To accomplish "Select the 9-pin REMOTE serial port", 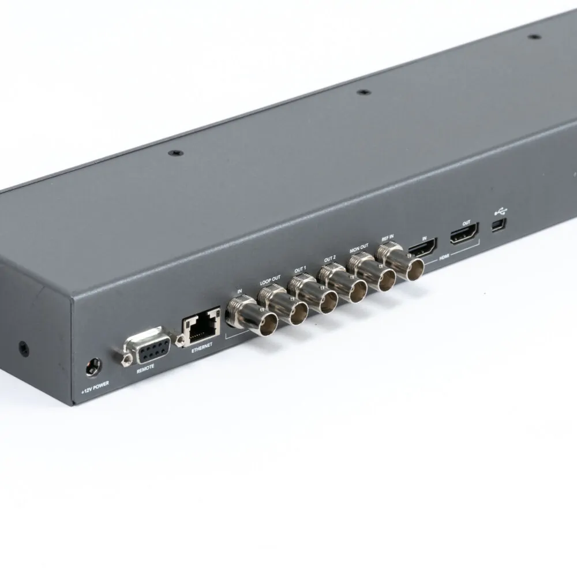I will pos(147,346).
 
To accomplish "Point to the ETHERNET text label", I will pos(201,344).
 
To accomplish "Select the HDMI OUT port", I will pos(464,235).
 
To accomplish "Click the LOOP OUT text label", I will pos(269,282).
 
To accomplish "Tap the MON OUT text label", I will pos(358,250).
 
